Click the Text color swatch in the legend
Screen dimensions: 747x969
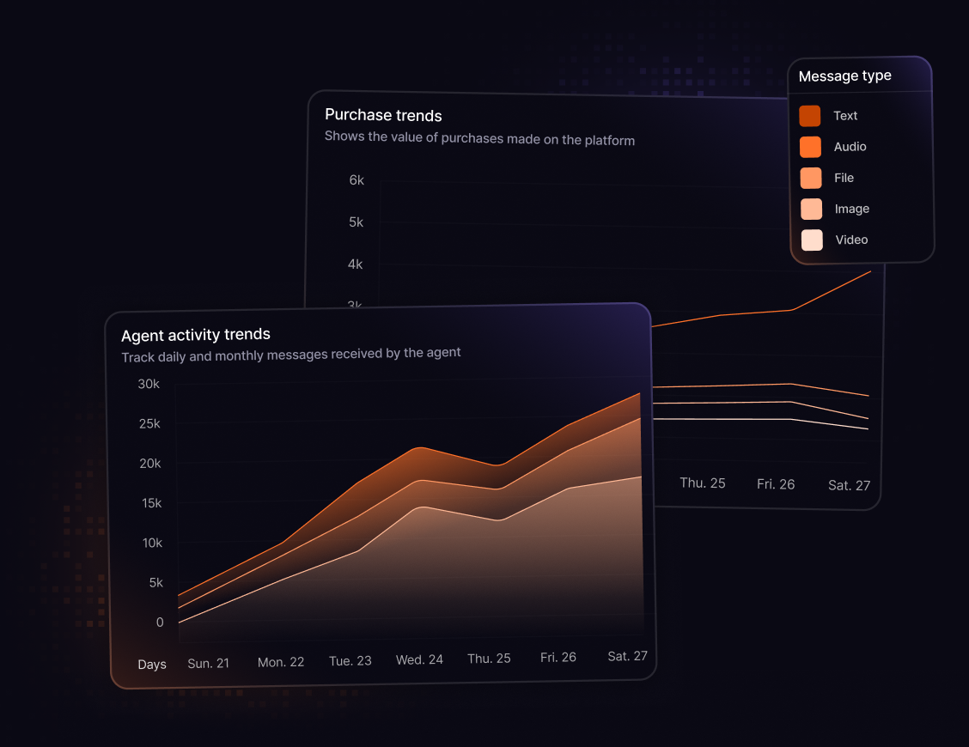810,116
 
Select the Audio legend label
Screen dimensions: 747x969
850,147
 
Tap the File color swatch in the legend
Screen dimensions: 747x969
811,178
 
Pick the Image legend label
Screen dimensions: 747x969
851,209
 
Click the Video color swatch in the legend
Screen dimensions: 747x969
812,240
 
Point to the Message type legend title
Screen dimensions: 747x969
844,76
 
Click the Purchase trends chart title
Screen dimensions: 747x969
383,115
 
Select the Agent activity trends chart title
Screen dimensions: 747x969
196,335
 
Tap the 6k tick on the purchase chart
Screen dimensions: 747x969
356,180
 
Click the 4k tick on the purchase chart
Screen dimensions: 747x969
355,264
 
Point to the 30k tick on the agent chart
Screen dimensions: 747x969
149,384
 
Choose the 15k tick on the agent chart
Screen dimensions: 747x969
150,503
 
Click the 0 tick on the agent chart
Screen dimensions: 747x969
160,622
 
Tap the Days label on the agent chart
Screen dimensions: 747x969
152,665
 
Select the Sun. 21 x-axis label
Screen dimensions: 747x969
208,664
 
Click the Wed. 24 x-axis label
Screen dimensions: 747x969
419,659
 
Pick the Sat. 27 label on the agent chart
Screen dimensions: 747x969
627,656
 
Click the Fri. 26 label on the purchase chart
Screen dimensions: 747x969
776,484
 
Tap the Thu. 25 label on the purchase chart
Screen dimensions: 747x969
703,483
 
